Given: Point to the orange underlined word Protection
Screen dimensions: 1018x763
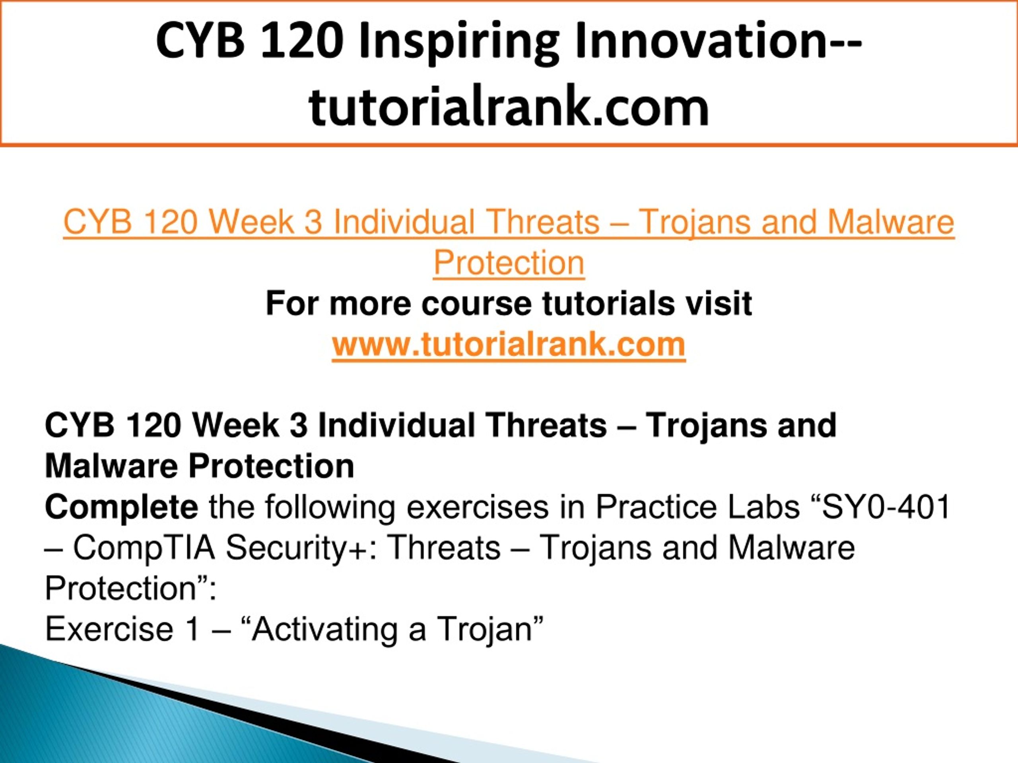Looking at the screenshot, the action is [509, 263].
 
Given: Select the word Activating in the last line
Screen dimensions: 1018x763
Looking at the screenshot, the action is [325, 629].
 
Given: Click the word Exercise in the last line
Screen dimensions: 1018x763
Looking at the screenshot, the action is [109, 629].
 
